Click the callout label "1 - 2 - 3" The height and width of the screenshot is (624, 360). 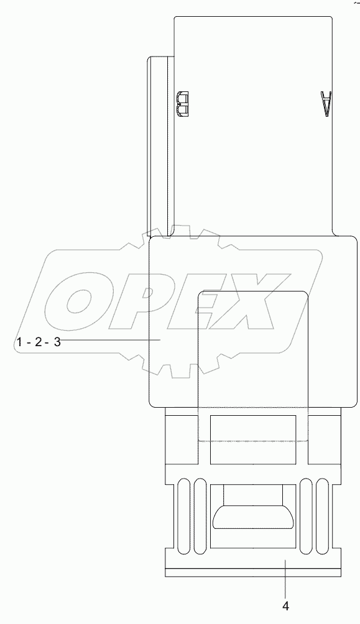39,342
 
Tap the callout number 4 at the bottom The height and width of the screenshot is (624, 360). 286,605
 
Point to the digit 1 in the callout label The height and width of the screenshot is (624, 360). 20,342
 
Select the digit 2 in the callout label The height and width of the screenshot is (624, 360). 39,342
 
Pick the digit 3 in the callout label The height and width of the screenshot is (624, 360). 57,342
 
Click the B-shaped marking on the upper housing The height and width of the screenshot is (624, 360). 183,104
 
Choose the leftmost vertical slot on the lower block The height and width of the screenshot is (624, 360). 183,515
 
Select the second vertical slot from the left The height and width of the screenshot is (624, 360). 200,515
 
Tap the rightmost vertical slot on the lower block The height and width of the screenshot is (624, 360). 322,515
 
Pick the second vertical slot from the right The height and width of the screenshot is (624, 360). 306,515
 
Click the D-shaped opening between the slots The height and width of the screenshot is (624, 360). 252,517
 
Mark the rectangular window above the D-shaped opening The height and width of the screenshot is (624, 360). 252,440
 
